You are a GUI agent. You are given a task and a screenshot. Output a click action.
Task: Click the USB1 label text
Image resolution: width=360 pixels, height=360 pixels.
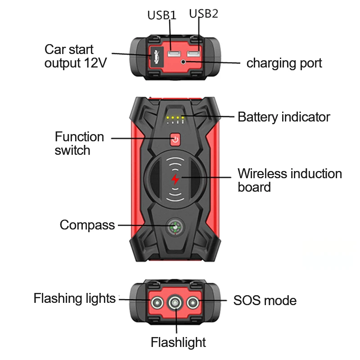[x=162, y=15]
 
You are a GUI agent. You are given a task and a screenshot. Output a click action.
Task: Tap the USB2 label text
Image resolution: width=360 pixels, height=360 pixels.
[x=203, y=13]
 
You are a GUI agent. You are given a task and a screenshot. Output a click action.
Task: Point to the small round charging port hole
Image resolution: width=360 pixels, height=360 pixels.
[x=184, y=62]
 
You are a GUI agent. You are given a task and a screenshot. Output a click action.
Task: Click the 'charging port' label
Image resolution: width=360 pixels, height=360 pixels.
[x=284, y=63]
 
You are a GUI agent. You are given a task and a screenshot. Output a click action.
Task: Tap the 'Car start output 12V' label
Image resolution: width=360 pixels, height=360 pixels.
[x=75, y=56]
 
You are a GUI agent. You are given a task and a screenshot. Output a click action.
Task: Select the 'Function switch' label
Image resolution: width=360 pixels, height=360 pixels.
[x=79, y=143]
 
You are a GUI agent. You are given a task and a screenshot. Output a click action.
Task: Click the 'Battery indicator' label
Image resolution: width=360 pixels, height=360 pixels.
[x=283, y=117]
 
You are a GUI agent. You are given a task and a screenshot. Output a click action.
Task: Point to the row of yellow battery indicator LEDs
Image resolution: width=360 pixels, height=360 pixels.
[x=175, y=118]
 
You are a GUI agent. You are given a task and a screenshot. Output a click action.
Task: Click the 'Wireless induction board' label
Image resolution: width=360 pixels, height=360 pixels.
[x=289, y=180]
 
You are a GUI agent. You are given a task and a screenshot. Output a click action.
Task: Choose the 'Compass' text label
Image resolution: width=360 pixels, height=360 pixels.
[x=87, y=225]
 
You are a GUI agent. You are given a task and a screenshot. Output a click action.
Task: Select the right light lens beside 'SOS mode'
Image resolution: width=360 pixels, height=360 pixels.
[x=194, y=302]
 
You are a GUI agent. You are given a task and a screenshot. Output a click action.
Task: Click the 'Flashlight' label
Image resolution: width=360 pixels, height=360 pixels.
[x=178, y=342]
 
